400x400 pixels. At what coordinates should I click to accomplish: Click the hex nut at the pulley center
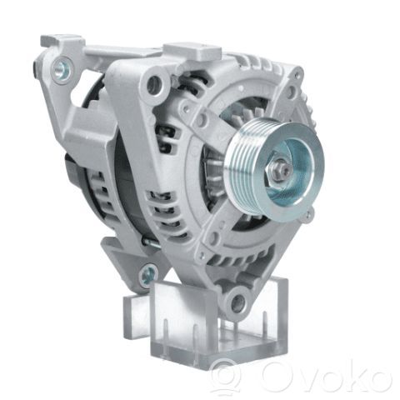click(x=278, y=169)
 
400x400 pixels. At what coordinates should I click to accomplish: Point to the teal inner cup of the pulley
click(x=289, y=172)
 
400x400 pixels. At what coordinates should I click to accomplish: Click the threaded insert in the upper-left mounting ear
click(x=61, y=67)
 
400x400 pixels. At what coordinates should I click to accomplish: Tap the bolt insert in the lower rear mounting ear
click(x=147, y=274)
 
